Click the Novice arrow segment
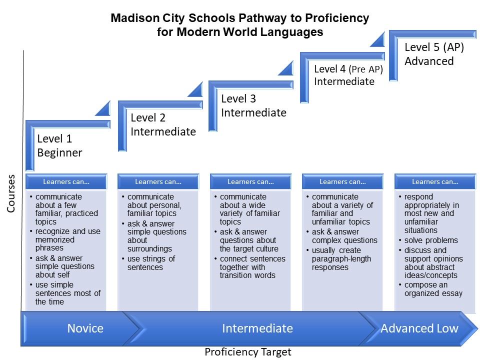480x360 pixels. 85,328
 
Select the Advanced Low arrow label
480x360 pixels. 419,328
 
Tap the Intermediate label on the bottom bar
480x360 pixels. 257,328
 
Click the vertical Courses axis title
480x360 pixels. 11,193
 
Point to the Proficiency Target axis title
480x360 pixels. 247,352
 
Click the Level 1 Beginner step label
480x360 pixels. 59,146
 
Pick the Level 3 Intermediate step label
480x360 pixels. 253,106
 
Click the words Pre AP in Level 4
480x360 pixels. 366,69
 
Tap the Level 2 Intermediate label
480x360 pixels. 163,124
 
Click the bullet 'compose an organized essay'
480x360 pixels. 433,289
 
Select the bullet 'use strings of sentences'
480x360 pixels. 151,263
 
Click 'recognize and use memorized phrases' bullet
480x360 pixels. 67,240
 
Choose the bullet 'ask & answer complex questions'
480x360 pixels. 344,236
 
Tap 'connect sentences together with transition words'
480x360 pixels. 252,267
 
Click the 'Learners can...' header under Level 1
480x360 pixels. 66,181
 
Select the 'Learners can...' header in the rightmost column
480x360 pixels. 435,181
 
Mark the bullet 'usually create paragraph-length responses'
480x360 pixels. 341,259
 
